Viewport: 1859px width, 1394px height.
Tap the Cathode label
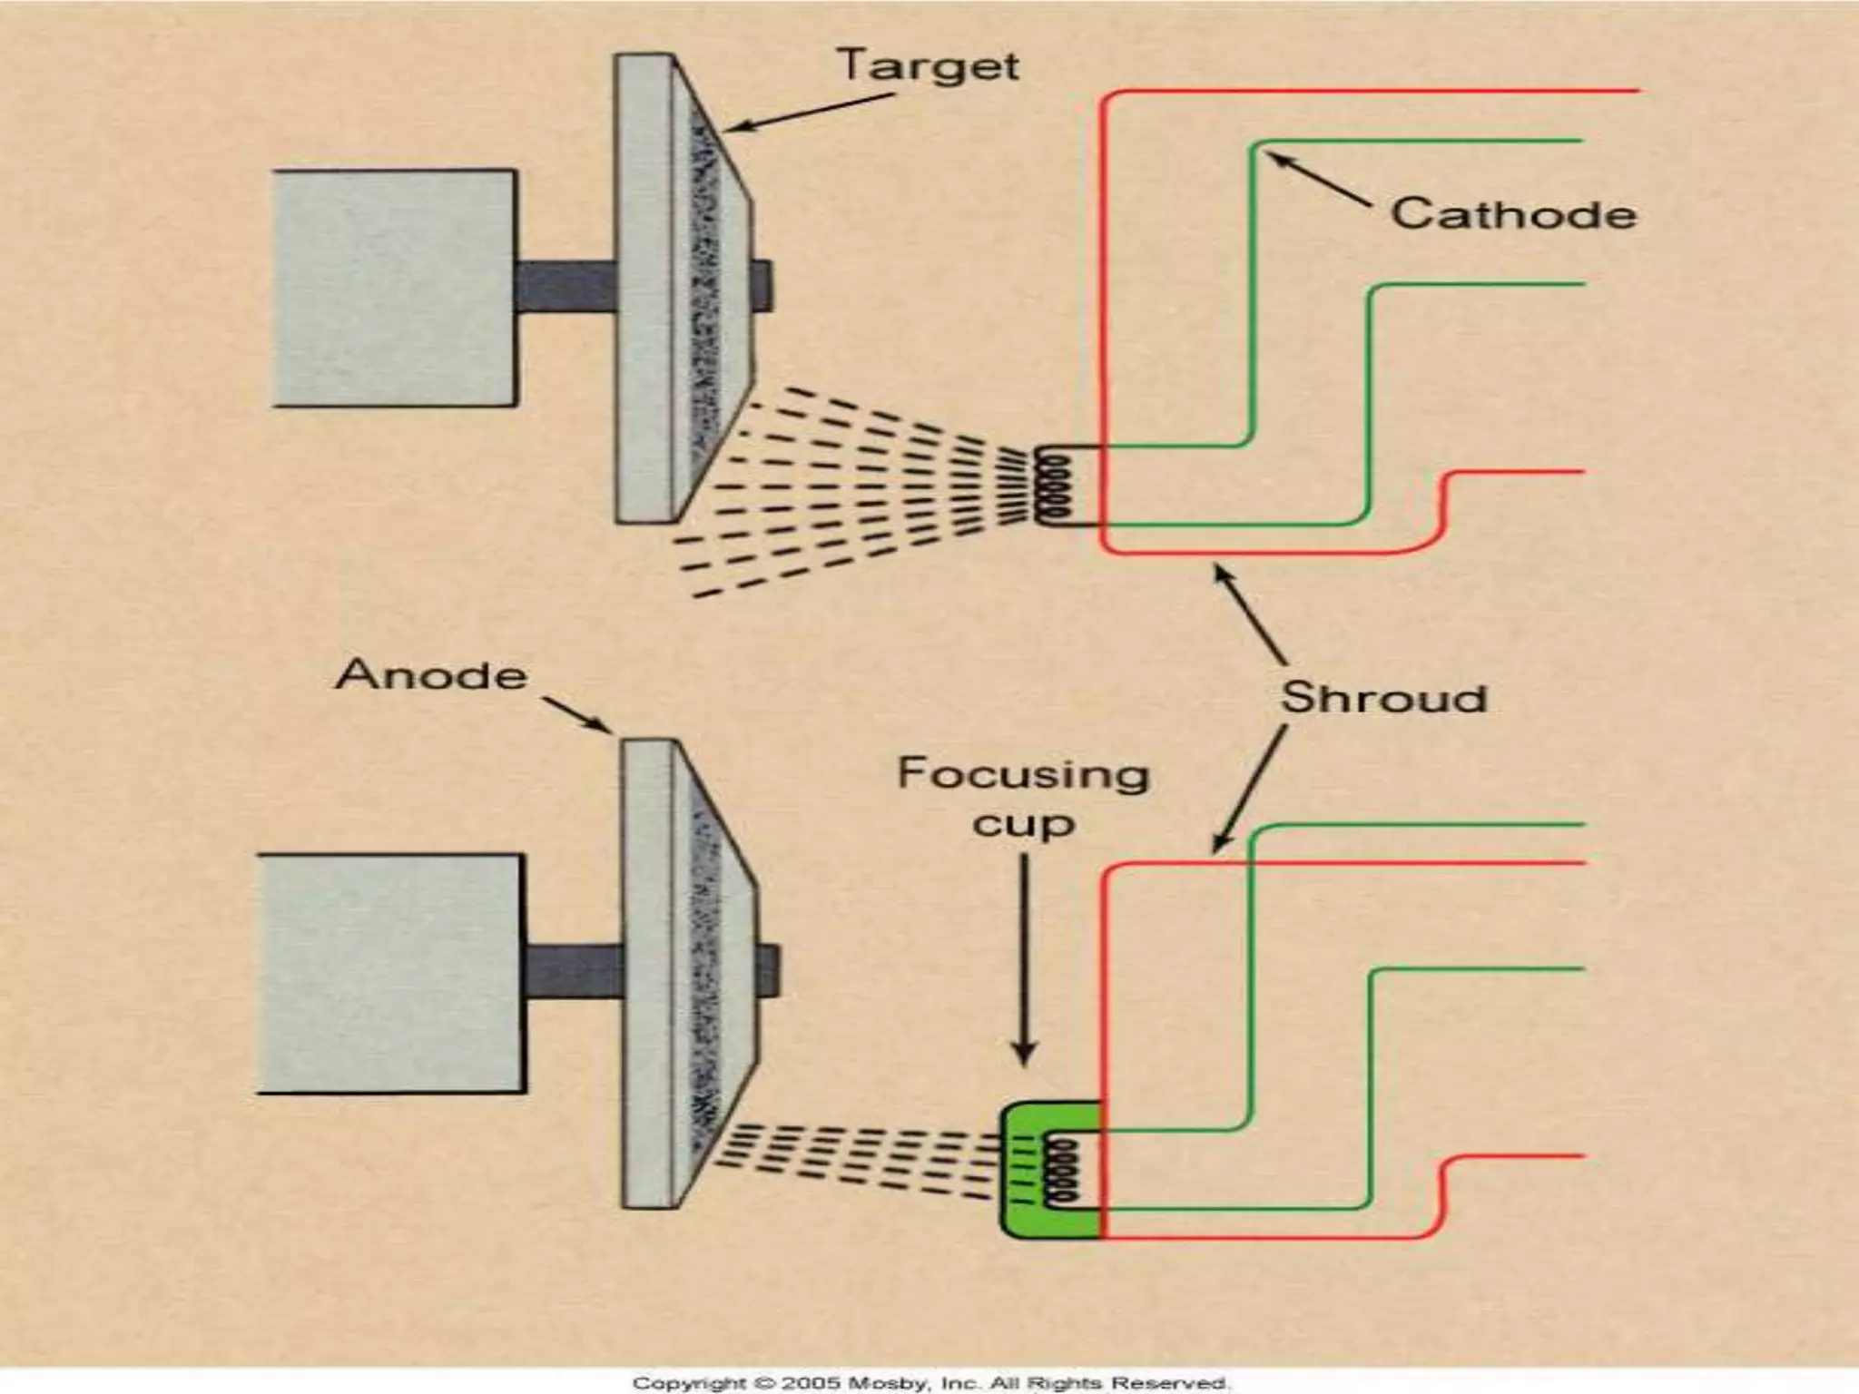1513,214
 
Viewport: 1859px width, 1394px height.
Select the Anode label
432,675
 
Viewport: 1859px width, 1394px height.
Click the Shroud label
1383,698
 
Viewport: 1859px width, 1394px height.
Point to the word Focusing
1023,775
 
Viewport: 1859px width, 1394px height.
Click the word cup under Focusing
1023,824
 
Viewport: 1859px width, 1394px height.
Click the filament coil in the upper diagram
1053,487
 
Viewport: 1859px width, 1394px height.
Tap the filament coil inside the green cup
1062,1172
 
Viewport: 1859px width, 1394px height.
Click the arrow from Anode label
577,714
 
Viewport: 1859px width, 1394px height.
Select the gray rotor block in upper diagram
395,287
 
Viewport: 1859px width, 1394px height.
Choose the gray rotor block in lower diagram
390,973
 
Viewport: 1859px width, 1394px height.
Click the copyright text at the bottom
929,1382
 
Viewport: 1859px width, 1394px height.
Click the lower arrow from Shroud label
1250,791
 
